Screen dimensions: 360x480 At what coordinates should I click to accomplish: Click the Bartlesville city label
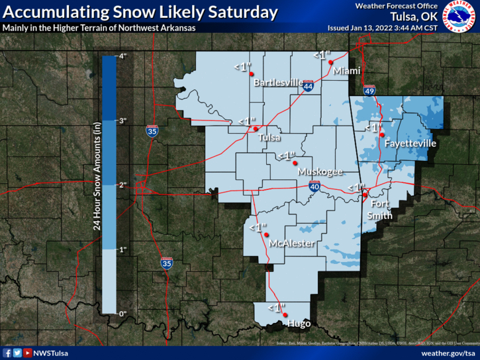(275, 83)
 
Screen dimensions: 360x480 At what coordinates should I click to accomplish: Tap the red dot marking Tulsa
(257, 128)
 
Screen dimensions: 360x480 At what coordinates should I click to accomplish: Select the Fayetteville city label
(410, 143)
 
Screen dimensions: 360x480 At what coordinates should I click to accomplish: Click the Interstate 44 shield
(309, 85)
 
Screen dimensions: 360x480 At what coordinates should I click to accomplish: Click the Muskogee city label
(320, 171)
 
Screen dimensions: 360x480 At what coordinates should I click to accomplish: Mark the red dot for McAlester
(267, 234)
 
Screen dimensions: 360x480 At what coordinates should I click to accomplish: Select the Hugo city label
(299, 324)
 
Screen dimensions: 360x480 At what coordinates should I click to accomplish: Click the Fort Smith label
(380, 209)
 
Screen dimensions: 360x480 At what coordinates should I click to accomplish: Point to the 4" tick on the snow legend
(122, 57)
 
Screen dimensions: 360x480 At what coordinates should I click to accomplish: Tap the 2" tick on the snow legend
(122, 185)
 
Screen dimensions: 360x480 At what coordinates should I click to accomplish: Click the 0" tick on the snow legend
(122, 313)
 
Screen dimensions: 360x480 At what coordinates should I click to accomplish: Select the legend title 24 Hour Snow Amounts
(97, 185)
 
